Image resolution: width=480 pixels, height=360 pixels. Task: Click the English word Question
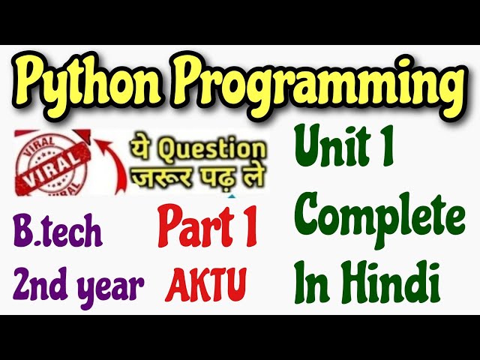point(217,148)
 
